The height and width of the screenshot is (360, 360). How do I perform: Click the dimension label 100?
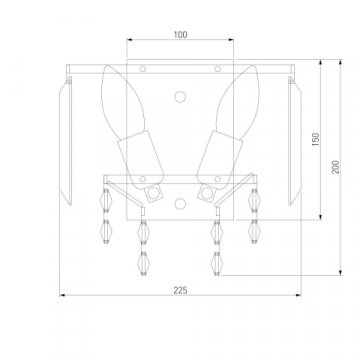[x=180, y=35]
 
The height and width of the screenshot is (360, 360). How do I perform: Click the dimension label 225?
[x=180, y=290]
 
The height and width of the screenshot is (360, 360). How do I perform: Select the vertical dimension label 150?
[x=315, y=139]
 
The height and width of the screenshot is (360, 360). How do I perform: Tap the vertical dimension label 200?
[x=335, y=167]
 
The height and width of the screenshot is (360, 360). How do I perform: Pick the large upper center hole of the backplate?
[x=180, y=97]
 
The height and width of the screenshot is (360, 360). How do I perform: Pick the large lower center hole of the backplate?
[x=180, y=203]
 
